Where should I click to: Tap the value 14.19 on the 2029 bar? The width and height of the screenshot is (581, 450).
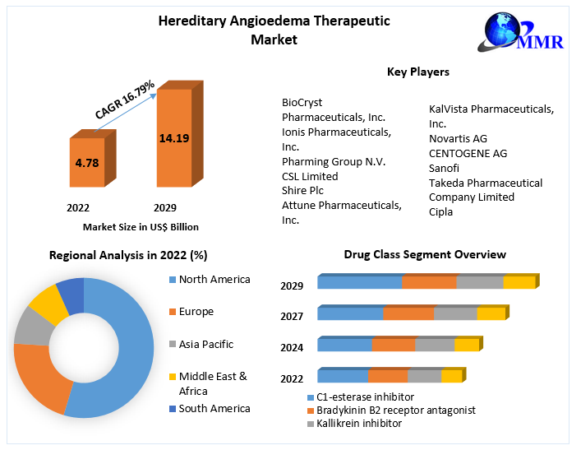[174, 138]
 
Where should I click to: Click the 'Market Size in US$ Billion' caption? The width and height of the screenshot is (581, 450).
[141, 227]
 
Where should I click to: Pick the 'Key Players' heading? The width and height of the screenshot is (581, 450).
[417, 72]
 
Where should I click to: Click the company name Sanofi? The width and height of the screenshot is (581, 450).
[444, 168]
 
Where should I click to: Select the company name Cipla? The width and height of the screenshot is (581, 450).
[441, 211]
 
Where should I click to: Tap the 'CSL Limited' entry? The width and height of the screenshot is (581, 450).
[310, 176]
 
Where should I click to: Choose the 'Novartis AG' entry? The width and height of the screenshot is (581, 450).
[458, 138]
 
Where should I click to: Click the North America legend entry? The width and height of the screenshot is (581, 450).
[214, 280]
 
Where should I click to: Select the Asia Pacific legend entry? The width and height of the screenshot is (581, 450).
[205, 345]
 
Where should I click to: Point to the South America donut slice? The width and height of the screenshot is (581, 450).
[71, 295]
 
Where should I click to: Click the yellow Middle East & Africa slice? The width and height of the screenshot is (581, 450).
[49, 304]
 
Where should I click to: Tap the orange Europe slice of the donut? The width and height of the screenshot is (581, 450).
[41, 378]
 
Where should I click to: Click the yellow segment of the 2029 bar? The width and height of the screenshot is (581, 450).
[519, 283]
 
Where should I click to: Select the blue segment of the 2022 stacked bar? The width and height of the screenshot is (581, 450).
[343, 377]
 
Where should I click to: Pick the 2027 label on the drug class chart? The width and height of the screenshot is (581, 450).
[292, 316]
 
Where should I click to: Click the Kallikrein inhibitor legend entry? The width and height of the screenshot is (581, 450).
[353, 424]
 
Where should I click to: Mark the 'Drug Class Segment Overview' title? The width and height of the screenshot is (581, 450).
[424, 255]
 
